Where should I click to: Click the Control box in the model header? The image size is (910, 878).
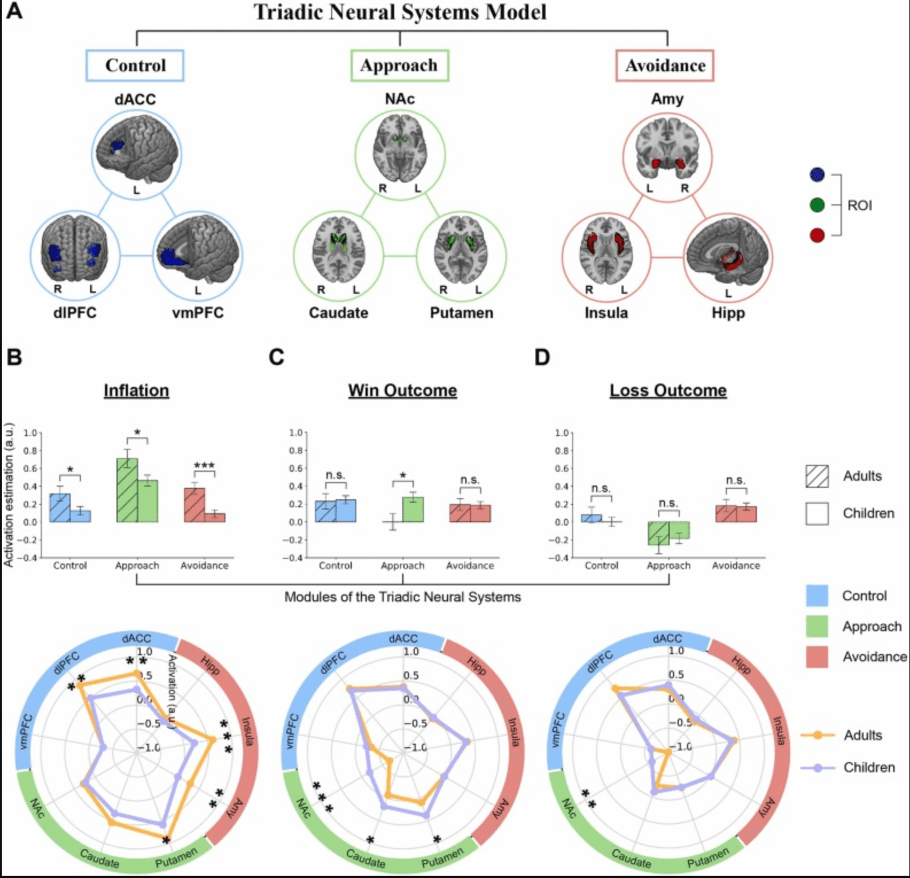click(135, 65)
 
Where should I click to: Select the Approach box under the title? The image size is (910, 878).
click(399, 65)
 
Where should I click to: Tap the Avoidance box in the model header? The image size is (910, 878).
click(665, 65)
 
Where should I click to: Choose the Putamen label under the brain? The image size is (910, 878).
click(461, 313)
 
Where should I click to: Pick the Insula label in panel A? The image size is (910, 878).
click(606, 313)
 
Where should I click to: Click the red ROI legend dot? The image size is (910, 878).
click(817, 235)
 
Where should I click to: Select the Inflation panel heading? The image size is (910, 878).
click(137, 390)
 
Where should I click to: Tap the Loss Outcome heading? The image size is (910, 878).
click(668, 390)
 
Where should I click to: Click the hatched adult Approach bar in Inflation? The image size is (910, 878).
click(127, 490)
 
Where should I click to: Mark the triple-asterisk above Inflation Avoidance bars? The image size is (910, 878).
click(204, 465)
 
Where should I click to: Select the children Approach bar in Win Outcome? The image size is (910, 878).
click(413, 510)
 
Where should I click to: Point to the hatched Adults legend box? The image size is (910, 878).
click(817, 476)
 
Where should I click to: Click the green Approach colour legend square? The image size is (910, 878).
click(817, 626)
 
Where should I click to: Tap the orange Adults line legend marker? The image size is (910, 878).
click(817, 735)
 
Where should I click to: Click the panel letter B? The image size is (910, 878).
click(14, 357)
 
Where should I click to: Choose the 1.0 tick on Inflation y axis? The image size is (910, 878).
click(30, 433)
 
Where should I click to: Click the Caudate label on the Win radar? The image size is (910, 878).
click(366, 858)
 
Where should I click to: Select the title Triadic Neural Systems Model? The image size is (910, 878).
click(400, 12)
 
